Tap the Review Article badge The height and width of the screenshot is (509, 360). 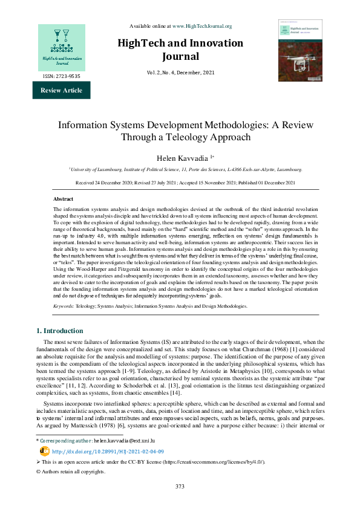[61, 91]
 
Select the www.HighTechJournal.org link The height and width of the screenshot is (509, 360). [202, 26]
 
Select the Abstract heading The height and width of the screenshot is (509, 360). [64, 198]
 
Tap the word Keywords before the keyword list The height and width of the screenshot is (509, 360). [64, 306]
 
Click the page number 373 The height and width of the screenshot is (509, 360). [180, 503]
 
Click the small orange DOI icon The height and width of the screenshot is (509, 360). [44, 468]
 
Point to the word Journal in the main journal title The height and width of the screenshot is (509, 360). [180, 57]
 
